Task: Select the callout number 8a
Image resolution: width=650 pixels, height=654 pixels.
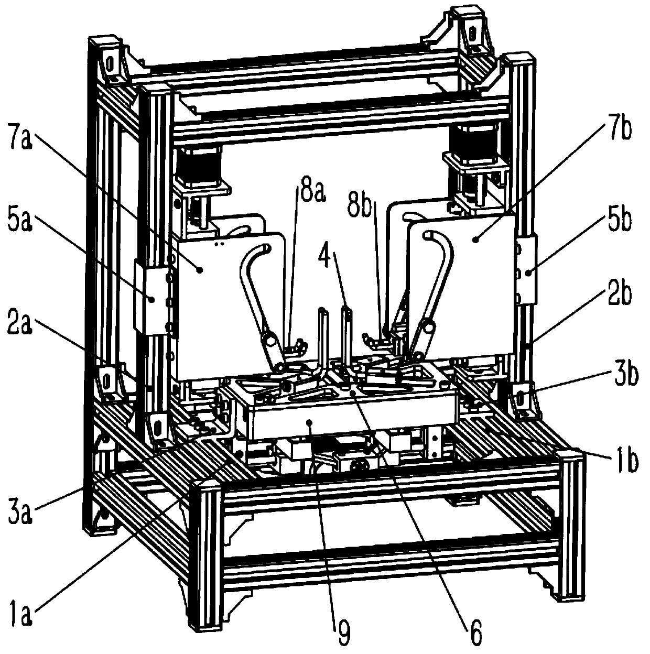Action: (312, 195)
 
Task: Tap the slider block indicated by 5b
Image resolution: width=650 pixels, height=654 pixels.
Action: (528, 271)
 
